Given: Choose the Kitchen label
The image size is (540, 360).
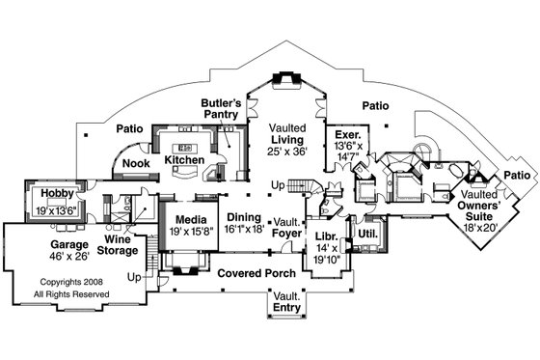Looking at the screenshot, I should pyautogui.click(x=183, y=159).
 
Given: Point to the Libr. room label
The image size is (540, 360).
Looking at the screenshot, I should pyautogui.click(x=325, y=237).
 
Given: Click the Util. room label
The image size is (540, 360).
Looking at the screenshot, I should pyautogui.click(x=367, y=234).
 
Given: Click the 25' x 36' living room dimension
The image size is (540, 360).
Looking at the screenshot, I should pyautogui.click(x=286, y=152).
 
